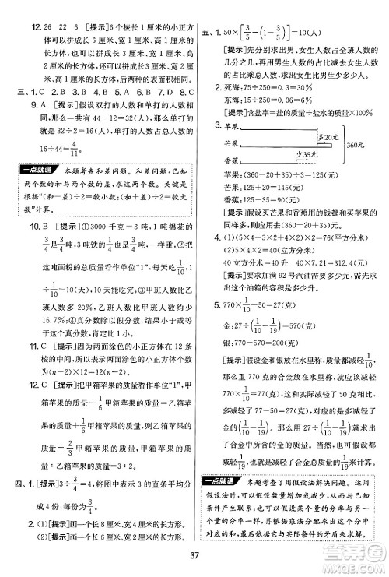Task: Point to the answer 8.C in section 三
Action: pyautogui.click(x=166, y=92)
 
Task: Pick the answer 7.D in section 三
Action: pyautogui.click(x=141, y=92)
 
